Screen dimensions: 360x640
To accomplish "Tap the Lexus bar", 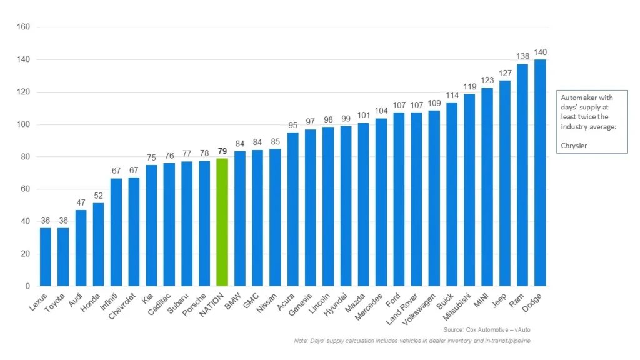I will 46,257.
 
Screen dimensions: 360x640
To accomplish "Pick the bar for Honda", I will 99,244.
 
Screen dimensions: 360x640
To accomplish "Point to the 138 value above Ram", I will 522,56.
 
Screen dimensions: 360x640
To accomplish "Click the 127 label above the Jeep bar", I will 505,72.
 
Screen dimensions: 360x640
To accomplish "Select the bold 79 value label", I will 222,151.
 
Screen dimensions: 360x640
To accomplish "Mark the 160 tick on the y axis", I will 24,27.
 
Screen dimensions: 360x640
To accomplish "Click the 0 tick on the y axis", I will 27,286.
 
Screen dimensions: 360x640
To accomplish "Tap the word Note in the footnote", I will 301,341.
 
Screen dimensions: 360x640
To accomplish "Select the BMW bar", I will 239,218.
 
